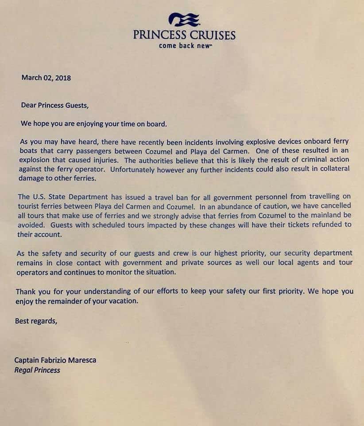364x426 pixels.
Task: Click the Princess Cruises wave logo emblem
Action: point(184,20)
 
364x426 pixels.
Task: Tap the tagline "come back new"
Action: point(184,46)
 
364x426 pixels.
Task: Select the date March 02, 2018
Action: point(46,78)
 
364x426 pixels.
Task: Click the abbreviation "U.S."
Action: point(39,197)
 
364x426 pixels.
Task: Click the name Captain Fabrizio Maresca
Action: point(55,360)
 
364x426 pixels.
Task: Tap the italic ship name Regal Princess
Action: point(37,370)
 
